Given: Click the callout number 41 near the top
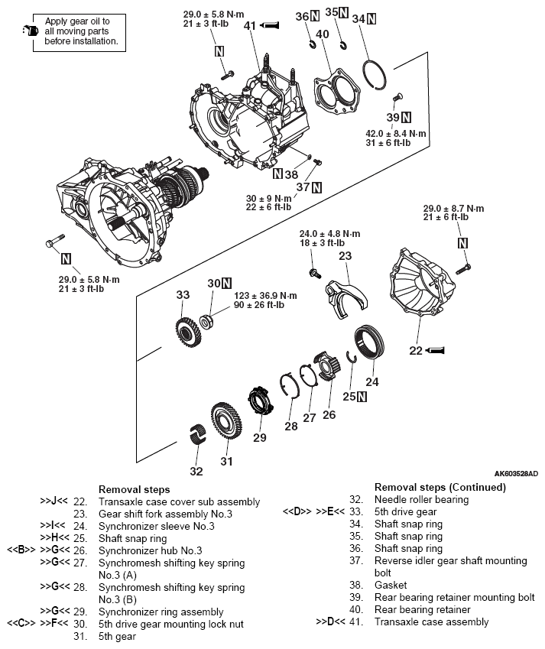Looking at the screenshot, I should click(249, 25).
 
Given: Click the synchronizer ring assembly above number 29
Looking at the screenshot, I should click(260, 401).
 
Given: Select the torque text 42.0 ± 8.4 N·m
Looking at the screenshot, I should click(396, 133).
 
